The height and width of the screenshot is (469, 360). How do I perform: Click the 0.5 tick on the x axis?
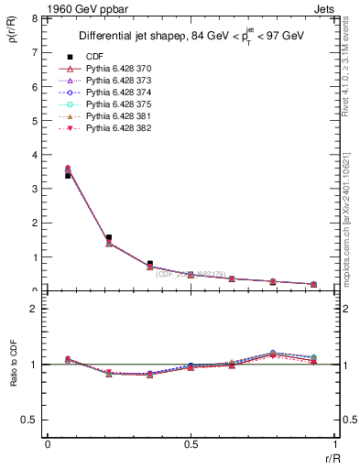(191, 445)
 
